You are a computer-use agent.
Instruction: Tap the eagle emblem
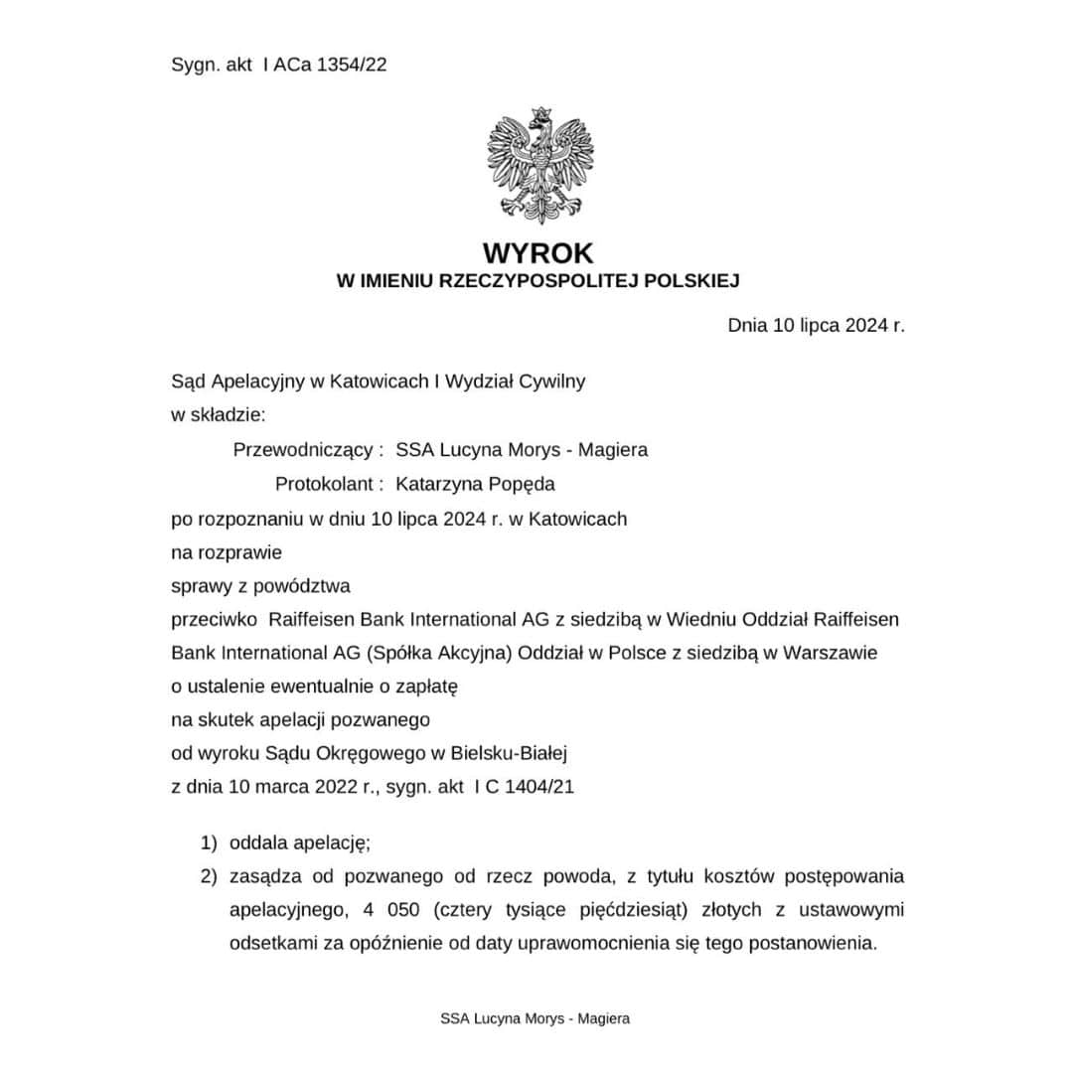(x=539, y=164)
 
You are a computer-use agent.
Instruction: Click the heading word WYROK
(x=538, y=252)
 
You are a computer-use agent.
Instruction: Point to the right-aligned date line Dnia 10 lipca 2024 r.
(x=816, y=325)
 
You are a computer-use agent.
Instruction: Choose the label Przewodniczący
(x=308, y=450)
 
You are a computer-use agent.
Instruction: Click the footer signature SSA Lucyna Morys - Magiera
(x=536, y=1018)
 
